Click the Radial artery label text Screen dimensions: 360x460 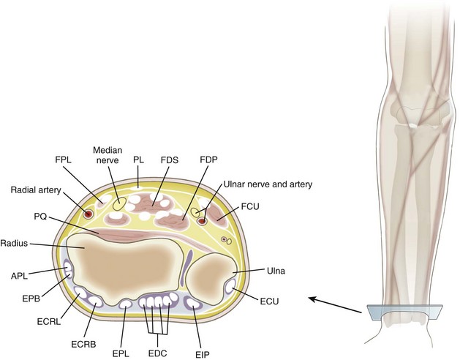(x=37, y=190)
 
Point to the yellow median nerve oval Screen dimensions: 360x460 (x=117, y=207)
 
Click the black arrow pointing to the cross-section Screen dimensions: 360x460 (x=336, y=304)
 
